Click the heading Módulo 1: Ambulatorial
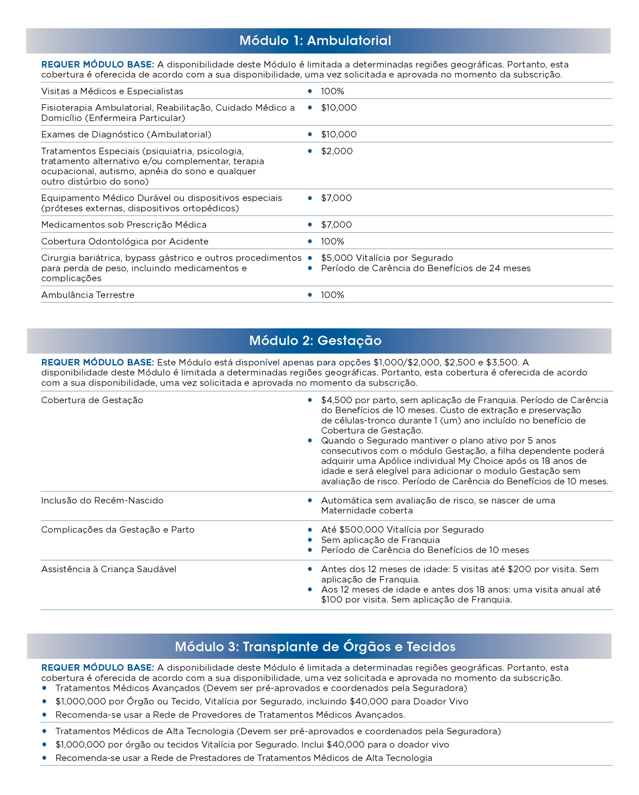pos(315,41)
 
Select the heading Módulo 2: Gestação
pos(315,340)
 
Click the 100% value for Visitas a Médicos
pos(332,91)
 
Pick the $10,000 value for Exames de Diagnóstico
pos(339,134)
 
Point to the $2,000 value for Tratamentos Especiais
pos(337,151)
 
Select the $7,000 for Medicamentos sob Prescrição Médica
pos(336,225)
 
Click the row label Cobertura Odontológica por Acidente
pos(125,241)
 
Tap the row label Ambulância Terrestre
pos(88,295)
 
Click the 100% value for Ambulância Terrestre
pos(332,295)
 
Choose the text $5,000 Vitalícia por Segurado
pos(387,258)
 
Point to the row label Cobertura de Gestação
pos(92,400)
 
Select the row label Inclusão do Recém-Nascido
pos(102,500)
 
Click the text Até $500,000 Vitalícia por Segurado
pos(402,529)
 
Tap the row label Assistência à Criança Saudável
pos(108,569)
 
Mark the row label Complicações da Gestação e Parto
pos(118,529)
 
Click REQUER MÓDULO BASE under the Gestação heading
pos(97,362)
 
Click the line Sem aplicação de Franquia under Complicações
pos(380,540)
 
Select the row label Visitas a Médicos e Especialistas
pos(112,91)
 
